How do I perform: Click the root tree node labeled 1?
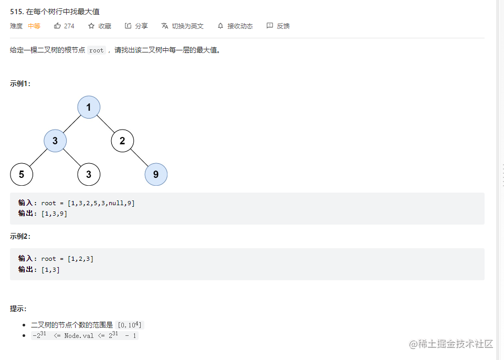[89, 107]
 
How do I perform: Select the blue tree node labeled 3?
[55, 141]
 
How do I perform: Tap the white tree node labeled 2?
[122, 141]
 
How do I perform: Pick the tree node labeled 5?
[22, 174]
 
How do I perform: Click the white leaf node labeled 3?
[89, 174]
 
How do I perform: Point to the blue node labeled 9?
[156, 174]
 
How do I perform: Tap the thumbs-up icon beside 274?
[58, 26]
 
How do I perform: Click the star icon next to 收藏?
[91, 26]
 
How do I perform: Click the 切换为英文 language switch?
[183, 26]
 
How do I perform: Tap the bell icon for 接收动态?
[220, 26]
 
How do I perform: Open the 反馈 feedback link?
[278, 26]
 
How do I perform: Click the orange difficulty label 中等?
[34, 26]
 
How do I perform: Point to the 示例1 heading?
[20, 83]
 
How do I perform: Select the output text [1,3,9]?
[54, 214]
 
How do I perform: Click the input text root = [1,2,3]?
[67, 259]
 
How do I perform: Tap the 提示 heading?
[18, 309]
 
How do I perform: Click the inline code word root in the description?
[96, 50]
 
